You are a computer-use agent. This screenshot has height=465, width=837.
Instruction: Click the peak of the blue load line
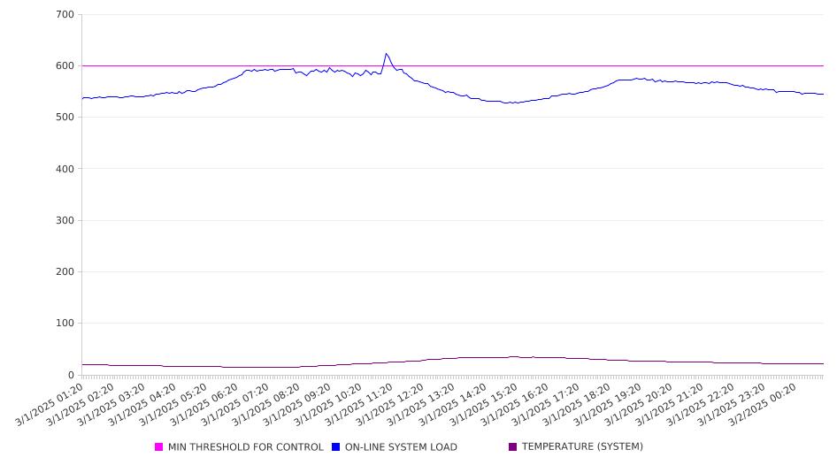[386, 53]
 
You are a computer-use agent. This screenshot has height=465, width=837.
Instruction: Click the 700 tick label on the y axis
[65, 14]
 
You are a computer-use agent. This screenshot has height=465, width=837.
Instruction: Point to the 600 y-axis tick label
[65, 65]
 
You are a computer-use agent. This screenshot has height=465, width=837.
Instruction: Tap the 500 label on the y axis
[65, 117]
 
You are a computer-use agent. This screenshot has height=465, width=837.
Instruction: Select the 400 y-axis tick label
[65, 169]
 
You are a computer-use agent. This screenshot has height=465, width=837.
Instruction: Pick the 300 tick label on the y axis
[65, 220]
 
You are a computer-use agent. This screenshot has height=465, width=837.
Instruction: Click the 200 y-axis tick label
[65, 271]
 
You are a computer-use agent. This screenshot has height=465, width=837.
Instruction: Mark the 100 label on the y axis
[65, 324]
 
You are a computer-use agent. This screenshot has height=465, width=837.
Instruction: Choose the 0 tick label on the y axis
[71, 375]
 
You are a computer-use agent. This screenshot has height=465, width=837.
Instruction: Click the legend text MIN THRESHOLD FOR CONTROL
[246, 446]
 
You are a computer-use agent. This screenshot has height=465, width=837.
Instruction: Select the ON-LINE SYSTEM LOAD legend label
[401, 446]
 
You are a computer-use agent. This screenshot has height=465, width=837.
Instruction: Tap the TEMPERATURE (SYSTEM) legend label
[582, 446]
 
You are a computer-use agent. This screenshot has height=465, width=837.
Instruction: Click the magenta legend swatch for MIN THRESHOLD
[158, 446]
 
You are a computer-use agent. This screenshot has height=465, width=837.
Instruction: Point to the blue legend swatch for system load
[335, 446]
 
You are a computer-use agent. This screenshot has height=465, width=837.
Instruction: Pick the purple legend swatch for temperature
[513, 446]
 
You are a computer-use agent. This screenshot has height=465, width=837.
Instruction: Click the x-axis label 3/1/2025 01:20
[50, 405]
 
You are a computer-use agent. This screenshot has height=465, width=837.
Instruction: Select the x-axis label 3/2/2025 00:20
[764, 405]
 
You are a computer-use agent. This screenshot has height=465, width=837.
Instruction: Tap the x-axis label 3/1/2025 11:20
[360, 405]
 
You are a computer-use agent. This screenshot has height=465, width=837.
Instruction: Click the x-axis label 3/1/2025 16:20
[515, 405]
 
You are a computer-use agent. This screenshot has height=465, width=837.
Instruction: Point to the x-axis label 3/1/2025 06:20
[204, 405]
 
